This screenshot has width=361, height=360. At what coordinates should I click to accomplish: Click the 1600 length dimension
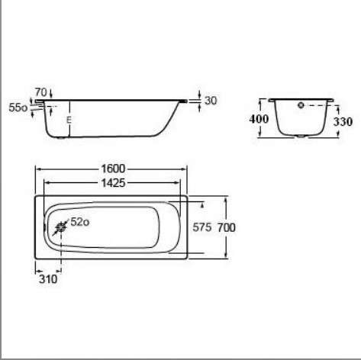pos(113,169)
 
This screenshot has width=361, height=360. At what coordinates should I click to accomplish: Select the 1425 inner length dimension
pos(113,183)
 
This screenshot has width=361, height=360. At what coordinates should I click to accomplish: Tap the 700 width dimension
pos(227,227)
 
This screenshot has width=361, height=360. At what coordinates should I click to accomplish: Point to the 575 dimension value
pos(202,227)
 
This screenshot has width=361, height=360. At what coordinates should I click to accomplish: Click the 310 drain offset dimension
pos(48,279)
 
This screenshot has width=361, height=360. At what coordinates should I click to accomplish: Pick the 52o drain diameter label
pos(80,222)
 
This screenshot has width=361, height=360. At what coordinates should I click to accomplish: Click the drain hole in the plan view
pos(61,227)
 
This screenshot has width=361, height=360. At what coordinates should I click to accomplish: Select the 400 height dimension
pos(259,119)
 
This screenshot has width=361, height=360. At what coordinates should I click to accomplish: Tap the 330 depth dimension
pos(343,122)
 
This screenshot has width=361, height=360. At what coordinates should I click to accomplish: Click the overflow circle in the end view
pos(301,105)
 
